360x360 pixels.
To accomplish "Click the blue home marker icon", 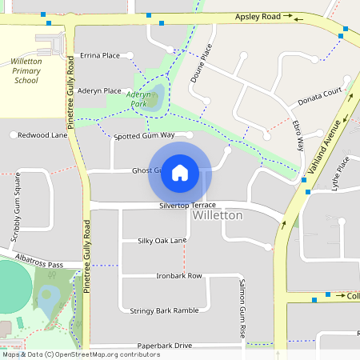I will point(180,173).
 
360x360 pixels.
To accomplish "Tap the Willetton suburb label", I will point(218,216).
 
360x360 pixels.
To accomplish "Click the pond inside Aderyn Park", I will point(156,96).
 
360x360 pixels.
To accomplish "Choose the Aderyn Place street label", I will point(99,90).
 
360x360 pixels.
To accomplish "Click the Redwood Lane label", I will point(42,135).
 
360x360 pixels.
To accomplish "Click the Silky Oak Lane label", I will point(162,240).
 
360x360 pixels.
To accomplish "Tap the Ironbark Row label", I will point(178,275).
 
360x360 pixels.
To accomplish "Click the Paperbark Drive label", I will point(164,345).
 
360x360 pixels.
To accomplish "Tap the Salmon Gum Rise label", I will point(241,308).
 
